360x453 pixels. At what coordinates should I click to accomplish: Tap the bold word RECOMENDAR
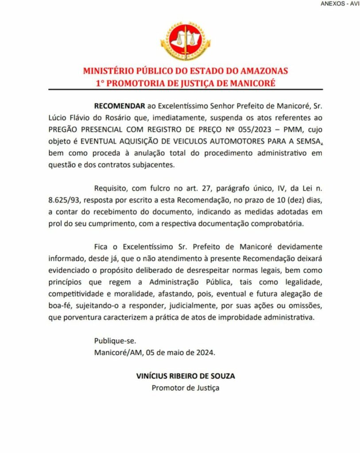[x=120, y=107]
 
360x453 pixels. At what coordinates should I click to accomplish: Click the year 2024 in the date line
[x=205, y=353]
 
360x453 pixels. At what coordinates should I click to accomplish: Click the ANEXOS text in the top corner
[x=333, y=4]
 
